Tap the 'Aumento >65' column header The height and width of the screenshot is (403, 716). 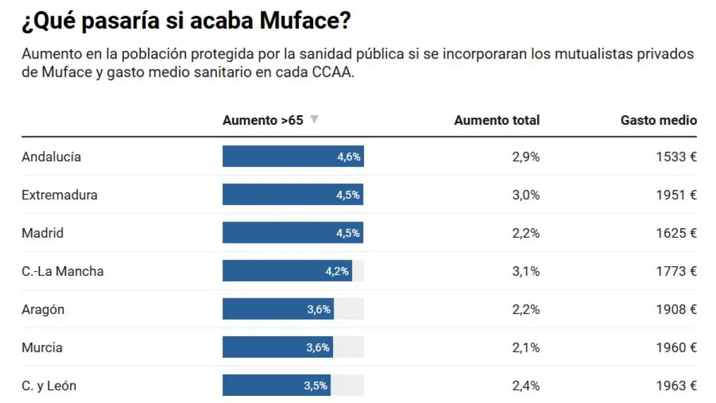(x=263, y=120)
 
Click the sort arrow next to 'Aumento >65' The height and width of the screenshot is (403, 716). (x=314, y=119)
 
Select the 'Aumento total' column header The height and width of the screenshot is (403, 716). (x=496, y=120)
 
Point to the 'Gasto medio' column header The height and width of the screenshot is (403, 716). (x=658, y=120)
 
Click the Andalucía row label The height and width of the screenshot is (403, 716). (x=51, y=157)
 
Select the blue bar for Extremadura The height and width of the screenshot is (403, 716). (x=292, y=195)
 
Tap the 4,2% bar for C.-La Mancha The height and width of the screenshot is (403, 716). (x=287, y=271)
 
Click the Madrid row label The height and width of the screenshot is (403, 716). (x=42, y=233)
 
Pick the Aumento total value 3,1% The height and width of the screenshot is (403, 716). (x=526, y=271)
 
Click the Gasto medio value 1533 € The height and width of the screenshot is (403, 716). (x=676, y=157)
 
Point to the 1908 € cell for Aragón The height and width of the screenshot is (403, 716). (x=676, y=309)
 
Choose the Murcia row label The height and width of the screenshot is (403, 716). (x=42, y=347)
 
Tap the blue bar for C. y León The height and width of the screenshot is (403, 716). (x=276, y=386)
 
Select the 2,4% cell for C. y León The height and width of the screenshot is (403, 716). (x=526, y=386)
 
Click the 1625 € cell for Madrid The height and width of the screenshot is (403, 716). (x=676, y=233)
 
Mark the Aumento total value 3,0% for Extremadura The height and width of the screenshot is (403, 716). (x=526, y=195)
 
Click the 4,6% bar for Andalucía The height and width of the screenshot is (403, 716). (x=293, y=157)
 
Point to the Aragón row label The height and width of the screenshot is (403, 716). (x=43, y=309)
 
